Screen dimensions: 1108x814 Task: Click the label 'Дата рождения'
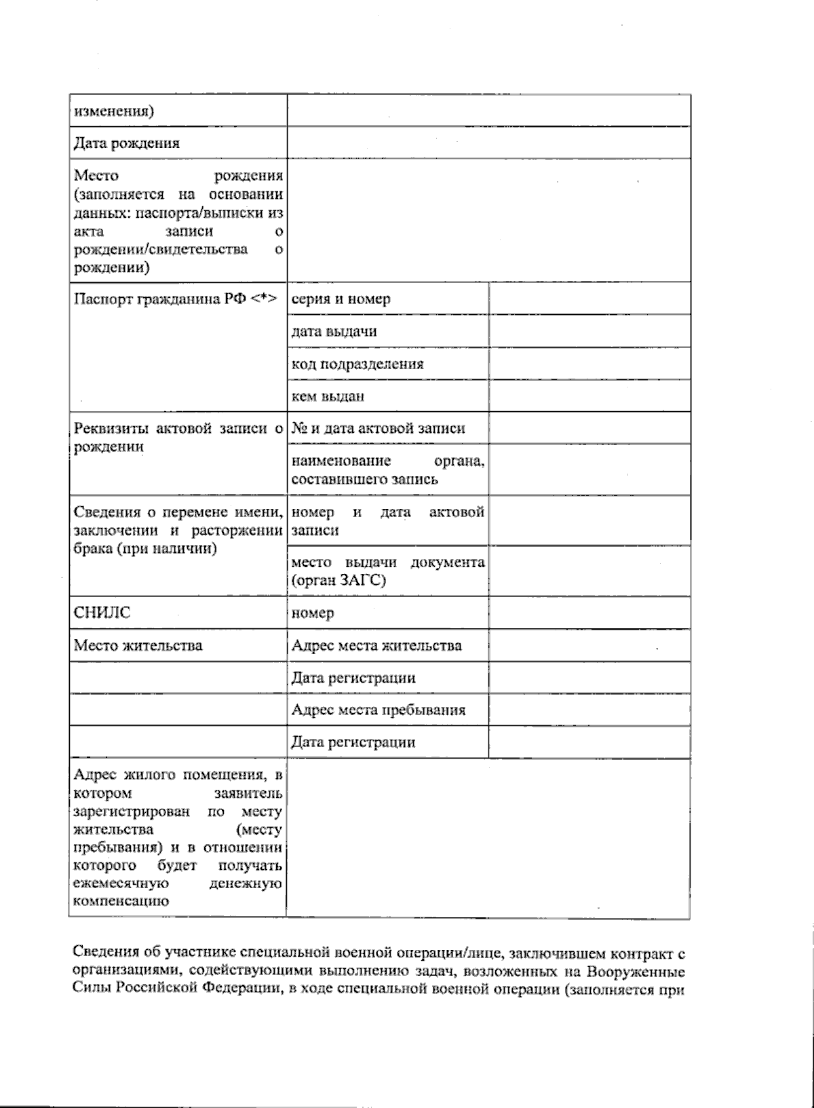[x=127, y=143]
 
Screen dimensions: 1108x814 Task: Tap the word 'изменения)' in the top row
[x=113, y=111]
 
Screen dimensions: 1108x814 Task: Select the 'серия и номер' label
[x=341, y=299]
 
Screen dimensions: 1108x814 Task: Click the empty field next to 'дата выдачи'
[x=589, y=331]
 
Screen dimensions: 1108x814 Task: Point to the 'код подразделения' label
[x=357, y=364]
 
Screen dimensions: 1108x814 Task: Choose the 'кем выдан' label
[x=328, y=396]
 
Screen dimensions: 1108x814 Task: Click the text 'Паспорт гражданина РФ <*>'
[x=175, y=299]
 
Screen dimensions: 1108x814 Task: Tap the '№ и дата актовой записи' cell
[x=378, y=429]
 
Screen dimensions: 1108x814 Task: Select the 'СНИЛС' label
[x=102, y=613]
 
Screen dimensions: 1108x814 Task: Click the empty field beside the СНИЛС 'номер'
[x=589, y=613]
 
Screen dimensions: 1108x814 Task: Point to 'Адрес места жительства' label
[x=376, y=645]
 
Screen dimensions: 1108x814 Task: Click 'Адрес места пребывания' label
[x=378, y=710]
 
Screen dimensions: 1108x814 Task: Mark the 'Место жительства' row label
[x=138, y=645]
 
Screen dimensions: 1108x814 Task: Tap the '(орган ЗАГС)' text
[x=338, y=581]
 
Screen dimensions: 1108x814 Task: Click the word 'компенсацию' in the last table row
[x=121, y=902]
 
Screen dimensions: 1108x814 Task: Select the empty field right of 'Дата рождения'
[x=488, y=143]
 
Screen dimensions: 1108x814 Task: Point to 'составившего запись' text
[x=364, y=479]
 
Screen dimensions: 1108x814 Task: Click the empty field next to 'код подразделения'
[x=589, y=364]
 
